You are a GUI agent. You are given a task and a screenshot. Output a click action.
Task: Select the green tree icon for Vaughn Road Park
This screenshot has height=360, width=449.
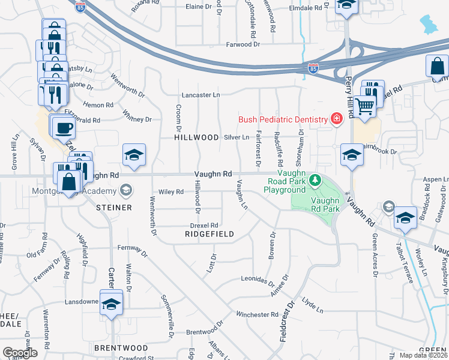click(314, 180)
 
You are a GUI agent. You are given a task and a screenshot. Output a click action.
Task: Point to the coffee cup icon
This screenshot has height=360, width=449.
click(63, 127)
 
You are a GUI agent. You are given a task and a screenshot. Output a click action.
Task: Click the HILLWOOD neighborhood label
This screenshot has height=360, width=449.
click(196, 137)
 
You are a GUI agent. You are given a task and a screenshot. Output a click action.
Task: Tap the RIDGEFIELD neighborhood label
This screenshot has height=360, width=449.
click(208, 233)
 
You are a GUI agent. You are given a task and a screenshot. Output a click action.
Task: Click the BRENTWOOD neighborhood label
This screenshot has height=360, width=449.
click(121, 348)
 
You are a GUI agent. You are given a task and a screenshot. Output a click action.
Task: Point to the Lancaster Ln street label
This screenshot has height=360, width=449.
click(202, 95)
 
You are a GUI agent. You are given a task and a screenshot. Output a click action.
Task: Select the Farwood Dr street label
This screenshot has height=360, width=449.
click(243, 44)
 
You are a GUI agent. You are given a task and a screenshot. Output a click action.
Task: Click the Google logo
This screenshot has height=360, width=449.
click(20, 353)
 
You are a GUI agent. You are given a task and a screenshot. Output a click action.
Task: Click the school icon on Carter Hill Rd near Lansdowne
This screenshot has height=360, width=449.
click(110, 305)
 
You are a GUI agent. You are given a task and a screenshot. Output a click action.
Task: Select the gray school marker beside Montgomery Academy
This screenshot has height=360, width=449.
click(125, 191)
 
